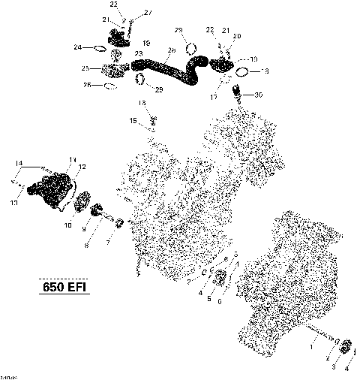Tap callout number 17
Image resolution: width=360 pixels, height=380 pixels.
214,97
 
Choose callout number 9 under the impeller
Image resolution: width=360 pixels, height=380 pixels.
84,229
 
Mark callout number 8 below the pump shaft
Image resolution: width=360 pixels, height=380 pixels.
87,245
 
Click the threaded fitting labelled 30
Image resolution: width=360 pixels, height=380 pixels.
238,94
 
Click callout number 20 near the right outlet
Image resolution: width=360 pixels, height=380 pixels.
238,36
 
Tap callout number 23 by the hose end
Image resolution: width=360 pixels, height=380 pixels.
138,54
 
